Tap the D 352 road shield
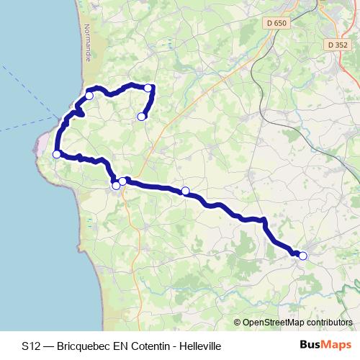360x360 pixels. (x=337, y=45)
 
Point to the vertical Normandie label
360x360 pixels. (x=87, y=43)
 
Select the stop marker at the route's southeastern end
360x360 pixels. (x=303, y=256)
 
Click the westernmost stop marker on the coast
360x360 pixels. (x=57, y=153)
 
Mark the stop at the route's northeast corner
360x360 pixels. (x=148, y=88)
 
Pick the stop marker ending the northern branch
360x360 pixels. (x=141, y=116)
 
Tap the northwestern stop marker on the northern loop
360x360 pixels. (x=89, y=95)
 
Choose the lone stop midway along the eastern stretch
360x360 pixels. (x=185, y=191)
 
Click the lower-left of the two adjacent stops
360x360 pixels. (x=116, y=186)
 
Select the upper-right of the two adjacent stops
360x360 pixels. (x=123, y=181)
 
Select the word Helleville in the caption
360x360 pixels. (x=199, y=346)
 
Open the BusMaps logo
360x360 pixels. (x=325, y=346)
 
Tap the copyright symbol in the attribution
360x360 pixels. (x=238, y=323)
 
